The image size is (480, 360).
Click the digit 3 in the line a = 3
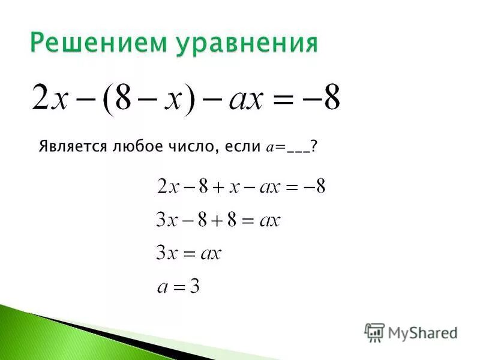point(194,287)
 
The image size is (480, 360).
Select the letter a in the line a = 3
point(162,288)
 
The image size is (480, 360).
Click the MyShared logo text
point(422,332)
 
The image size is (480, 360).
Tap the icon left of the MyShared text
point(374,332)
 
